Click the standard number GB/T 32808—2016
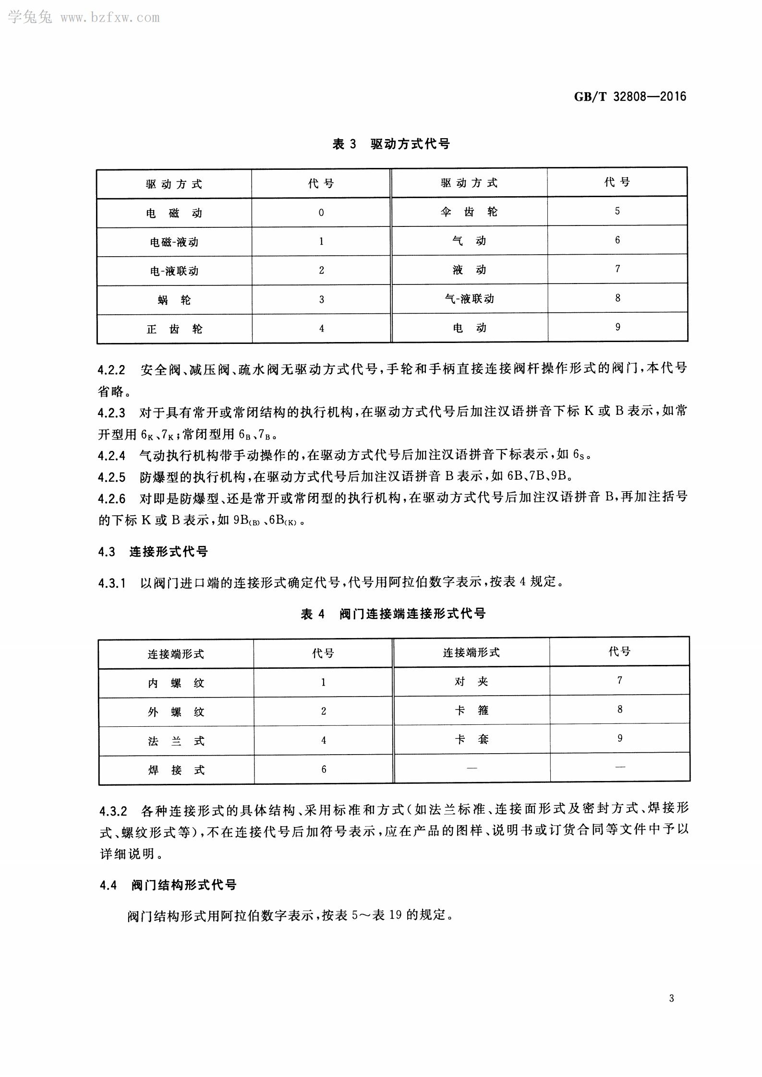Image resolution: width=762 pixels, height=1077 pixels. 630,96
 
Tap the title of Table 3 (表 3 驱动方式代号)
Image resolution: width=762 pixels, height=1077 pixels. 391,144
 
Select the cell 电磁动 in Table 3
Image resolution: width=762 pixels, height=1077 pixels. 174,213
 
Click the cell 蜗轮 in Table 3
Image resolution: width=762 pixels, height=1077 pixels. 174,300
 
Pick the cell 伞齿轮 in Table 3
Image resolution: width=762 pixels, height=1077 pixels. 469,212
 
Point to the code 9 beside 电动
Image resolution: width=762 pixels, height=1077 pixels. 617,327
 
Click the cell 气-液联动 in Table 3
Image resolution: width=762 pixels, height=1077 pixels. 469,299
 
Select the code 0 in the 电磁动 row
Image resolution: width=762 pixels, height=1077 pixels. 321,213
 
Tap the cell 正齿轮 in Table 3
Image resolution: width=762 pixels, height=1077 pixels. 174,329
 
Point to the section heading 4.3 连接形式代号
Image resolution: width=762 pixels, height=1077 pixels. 153,552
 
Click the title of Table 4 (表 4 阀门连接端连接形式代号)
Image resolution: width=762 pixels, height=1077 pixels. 393,614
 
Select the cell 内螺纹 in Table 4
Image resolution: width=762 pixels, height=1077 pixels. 176,683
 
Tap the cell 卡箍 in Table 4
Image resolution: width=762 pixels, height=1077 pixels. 471,710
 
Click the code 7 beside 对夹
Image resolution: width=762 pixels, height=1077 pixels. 619,680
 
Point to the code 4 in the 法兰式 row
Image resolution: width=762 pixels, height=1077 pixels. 323,741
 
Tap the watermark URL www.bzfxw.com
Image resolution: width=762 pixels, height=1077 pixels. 110,18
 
